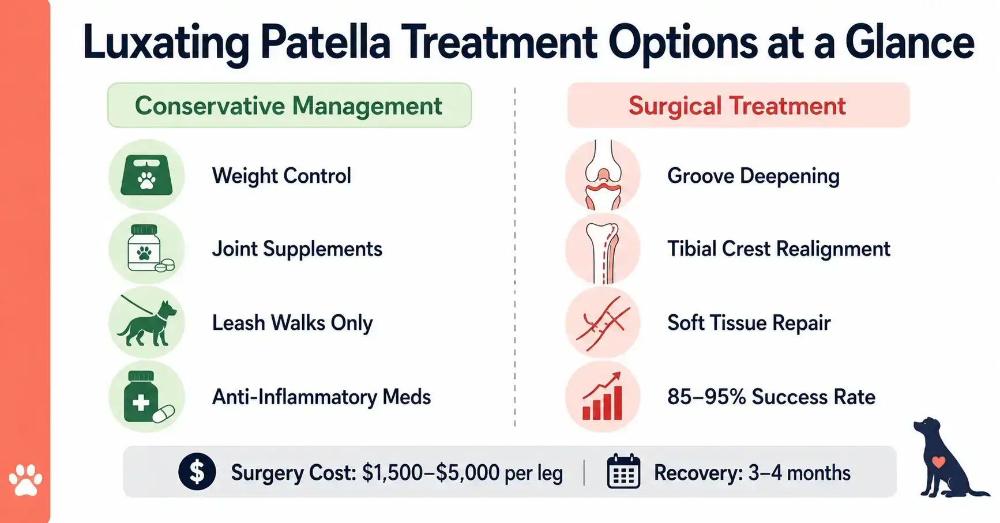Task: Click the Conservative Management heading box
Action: [x=289, y=106]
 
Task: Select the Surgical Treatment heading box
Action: [x=738, y=106]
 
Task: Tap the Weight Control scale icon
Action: [x=146, y=175]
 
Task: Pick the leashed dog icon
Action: [x=146, y=322]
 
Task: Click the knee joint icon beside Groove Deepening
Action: [x=603, y=175]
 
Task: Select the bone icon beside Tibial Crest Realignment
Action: [x=603, y=249]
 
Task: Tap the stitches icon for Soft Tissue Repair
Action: [x=603, y=323]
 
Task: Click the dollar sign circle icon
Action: [x=197, y=472]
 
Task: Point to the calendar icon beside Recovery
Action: [x=623, y=472]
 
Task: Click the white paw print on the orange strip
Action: [x=25, y=480]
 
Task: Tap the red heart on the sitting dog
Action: [x=939, y=462]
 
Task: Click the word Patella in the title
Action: [x=325, y=43]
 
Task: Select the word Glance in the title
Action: [x=909, y=43]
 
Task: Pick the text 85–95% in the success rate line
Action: [x=706, y=397]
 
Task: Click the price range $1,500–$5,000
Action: [x=430, y=473]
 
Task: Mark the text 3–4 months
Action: [x=799, y=473]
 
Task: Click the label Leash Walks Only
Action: [x=292, y=323]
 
